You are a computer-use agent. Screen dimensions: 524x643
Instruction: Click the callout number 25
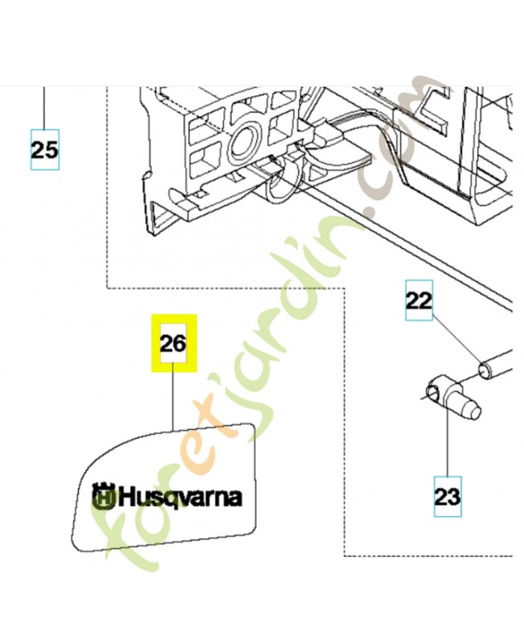45,149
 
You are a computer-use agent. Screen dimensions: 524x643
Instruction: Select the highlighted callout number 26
174,343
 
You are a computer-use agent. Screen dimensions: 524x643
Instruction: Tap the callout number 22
419,301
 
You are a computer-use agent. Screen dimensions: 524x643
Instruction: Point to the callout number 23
448,497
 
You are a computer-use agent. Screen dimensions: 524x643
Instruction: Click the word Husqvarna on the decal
180,498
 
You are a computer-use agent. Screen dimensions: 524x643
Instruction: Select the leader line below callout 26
173,397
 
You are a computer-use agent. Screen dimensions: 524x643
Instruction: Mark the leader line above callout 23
447,440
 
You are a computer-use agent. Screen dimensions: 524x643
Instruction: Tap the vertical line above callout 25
44,108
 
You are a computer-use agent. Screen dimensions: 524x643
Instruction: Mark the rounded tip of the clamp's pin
475,412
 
